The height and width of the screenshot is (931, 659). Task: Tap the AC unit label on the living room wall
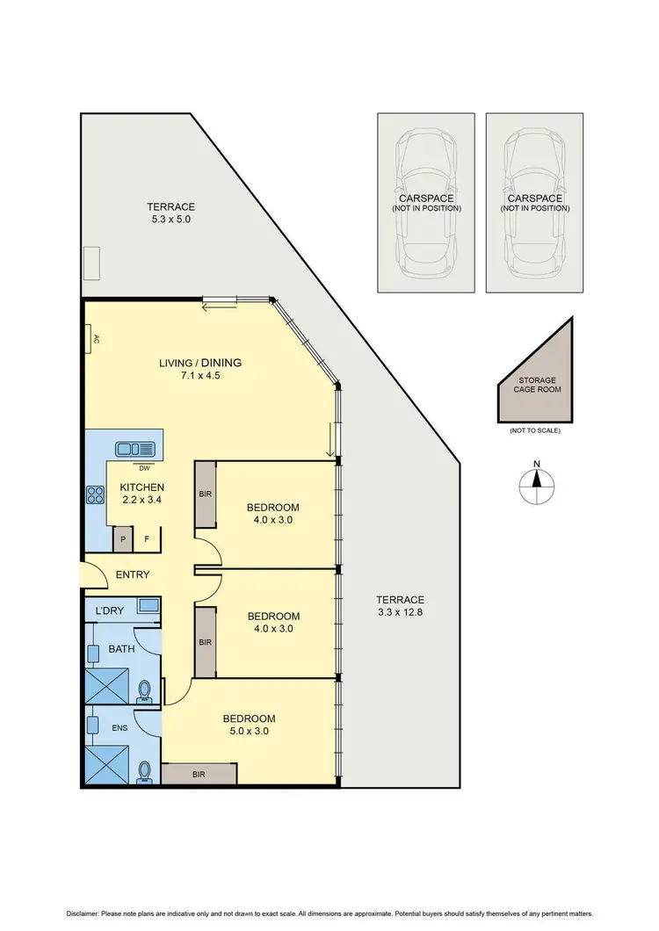[x=93, y=339]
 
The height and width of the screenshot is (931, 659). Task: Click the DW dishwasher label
[x=143, y=467]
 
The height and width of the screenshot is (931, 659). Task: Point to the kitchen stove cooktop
[x=92, y=495]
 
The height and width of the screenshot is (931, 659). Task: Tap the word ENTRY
[x=132, y=575]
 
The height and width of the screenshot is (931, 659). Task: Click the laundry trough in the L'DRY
[x=147, y=605]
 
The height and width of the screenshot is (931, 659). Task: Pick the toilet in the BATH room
[x=145, y=693]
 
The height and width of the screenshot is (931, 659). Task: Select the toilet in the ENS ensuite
[x=145, y=770]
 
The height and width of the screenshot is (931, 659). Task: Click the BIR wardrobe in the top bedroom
[x=205, y=494]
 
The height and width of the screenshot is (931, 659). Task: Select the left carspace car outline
[x=426, y=202]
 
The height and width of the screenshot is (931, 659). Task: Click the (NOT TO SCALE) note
[x=534, y=430]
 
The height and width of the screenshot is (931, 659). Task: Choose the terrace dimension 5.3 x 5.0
[x=170, y=220]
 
